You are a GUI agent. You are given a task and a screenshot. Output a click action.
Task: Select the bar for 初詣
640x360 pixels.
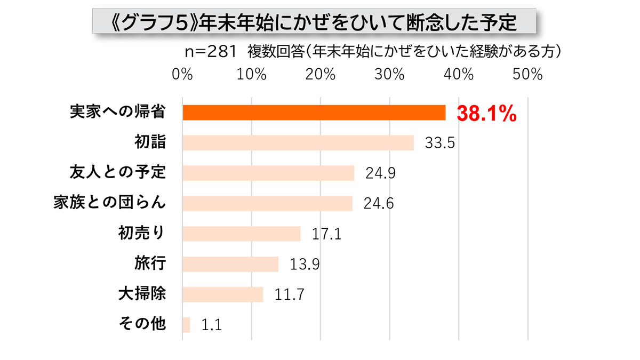298,143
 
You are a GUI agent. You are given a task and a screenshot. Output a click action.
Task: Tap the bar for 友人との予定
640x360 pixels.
268,173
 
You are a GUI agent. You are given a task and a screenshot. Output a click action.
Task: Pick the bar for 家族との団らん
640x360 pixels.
267,203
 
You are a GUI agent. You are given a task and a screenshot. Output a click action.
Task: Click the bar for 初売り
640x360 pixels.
242,234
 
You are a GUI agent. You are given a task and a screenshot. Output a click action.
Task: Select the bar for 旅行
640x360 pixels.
230,264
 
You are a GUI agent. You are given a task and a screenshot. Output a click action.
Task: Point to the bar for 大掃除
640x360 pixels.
223,294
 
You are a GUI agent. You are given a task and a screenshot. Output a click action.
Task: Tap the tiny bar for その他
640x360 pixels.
186,325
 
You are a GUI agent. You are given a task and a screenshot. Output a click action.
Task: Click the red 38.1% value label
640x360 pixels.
486,114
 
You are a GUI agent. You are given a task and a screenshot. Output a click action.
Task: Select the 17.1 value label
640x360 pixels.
326,234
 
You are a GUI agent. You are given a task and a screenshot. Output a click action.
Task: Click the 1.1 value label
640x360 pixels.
211,325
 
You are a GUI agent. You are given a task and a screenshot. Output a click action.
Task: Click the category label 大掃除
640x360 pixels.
142,294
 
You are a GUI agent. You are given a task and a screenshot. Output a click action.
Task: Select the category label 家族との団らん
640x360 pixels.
110,203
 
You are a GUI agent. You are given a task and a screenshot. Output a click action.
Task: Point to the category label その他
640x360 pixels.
142,324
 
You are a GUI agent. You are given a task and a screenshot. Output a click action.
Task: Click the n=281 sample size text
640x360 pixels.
210,52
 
